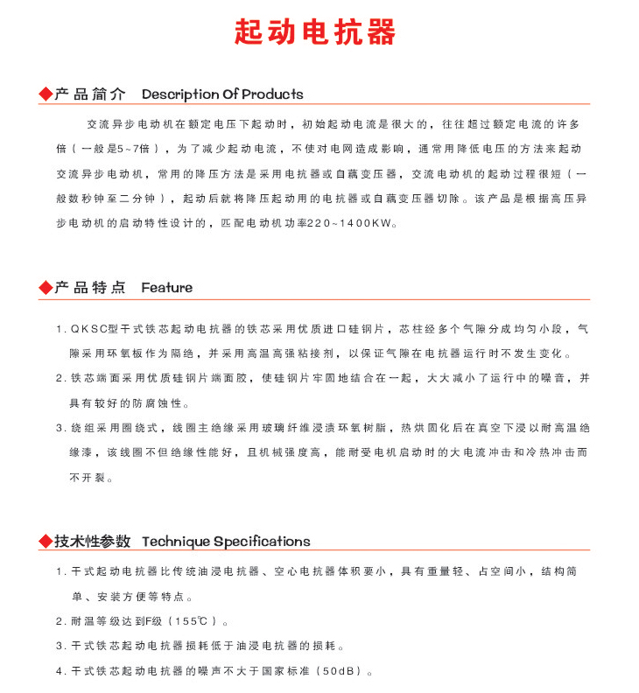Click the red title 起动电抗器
pyautogui.click(x=315, y=32)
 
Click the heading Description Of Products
pyautogui.click(x=222, y=94)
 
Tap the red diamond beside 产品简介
pyautogui.click(x=46, y=94)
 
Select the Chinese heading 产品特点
pyautogui.click(x=90, y=287)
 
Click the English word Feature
pyautogui.click(x=166, y=287)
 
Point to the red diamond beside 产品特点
pyautogui.click(x=46, y=287)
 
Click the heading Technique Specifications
pyautogui.click(x=226, y=541)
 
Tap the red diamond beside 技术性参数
pyautogui.click(x=46, y=541)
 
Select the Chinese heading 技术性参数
pyautogui.click(x=93, y=541)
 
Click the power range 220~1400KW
pyautogui.click(x=348, y=224)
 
